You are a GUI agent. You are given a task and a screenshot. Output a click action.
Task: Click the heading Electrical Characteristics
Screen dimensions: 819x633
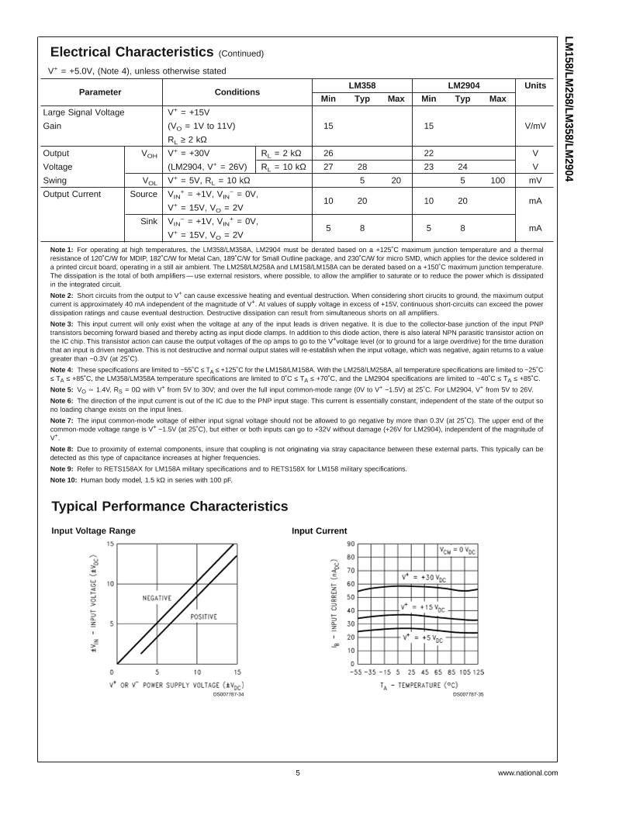coord(131,52)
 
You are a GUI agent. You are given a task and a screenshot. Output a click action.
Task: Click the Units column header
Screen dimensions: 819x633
coord(535,85)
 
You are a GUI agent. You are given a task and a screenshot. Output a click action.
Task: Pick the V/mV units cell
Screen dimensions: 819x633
coord(535,126)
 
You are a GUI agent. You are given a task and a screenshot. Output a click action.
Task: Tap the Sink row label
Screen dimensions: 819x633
coord(149,221)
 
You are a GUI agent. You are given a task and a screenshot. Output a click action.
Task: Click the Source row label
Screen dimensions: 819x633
coord(144,194)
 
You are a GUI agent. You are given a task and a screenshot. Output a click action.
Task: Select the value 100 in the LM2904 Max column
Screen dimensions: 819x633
coord(498,180)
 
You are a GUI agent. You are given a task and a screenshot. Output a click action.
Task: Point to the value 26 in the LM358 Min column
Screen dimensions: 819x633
coord(328,153)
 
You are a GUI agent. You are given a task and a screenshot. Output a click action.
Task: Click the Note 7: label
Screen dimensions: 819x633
coord(61,420)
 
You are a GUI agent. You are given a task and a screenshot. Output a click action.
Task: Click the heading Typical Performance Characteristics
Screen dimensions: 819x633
coord(169,506)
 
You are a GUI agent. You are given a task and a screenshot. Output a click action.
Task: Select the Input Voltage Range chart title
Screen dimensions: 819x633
coord(93,530)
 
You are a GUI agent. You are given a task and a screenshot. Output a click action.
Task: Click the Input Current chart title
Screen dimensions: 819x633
coord(319,530)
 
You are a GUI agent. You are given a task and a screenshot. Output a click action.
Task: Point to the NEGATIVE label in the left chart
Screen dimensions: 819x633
coord(157,598)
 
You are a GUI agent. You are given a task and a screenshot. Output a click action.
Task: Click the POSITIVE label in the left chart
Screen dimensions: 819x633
coord(204,617)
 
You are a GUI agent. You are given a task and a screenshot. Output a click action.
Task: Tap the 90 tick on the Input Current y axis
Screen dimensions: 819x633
coord(351,544)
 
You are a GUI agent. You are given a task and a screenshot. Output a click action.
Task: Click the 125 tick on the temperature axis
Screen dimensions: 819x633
coord(478,672)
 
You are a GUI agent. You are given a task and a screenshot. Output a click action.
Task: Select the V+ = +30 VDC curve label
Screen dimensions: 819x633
coord(424,577)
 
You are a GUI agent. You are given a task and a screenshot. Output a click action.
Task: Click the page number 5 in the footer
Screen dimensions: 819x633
coord(297,772)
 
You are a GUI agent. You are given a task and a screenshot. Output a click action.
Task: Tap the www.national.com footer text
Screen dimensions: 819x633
coord(527,772)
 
